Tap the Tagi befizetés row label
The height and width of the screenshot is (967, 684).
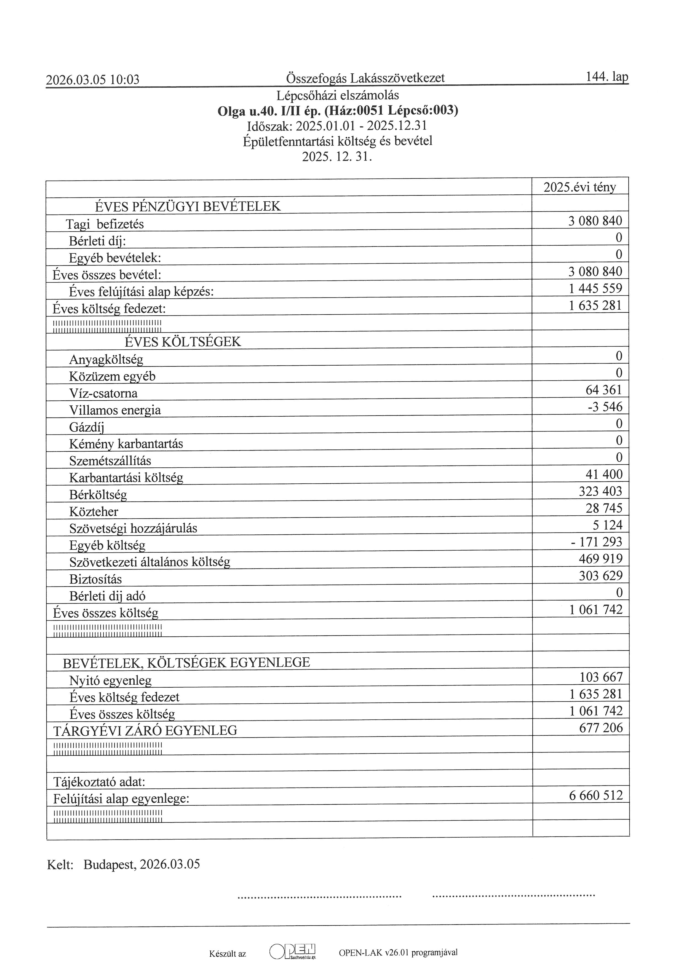(105, 224)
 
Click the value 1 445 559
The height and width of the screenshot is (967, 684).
(595, 288)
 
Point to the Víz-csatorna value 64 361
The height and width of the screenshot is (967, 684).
(603, 390)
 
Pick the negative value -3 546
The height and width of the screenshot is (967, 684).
(605, 407)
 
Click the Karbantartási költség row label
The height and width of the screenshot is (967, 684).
(126, 478)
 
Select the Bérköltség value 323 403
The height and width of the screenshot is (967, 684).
(600, 492)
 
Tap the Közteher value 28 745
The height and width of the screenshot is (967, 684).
(603, 508)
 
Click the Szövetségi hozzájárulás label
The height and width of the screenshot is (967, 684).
(133, 528)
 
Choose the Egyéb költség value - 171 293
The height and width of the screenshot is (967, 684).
(596, 542)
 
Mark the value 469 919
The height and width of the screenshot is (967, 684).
(600, 559)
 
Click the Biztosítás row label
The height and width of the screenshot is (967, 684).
(96, 579)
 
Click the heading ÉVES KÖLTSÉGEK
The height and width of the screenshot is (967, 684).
(183, 342)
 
